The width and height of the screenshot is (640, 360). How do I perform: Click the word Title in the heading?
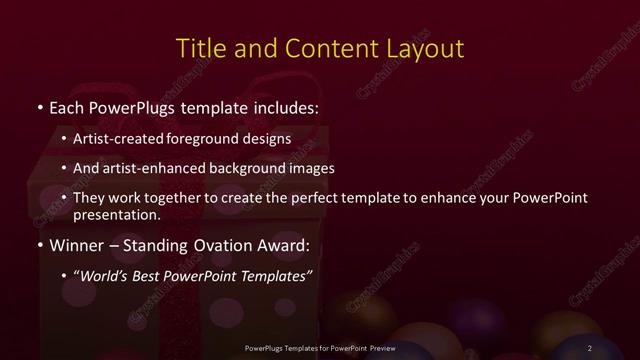(x=199, y=48)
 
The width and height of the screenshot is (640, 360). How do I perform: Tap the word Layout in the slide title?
(x=424, y=48)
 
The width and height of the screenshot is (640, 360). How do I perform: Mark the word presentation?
(x=117, y=214)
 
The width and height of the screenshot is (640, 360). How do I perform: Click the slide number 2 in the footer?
(x=590, y=347)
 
